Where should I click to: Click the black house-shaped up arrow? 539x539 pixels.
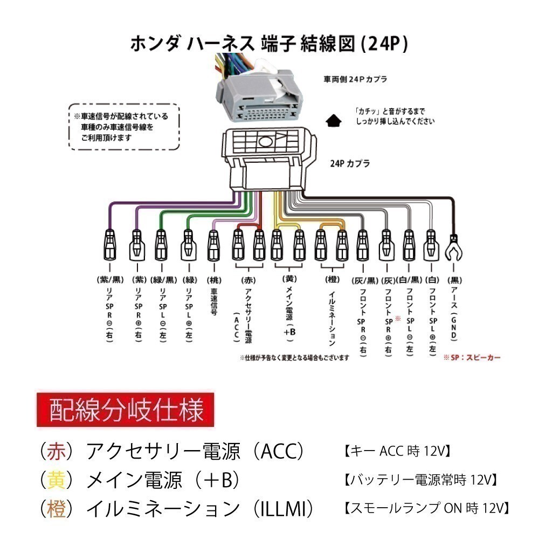pyautogui.click(x=333, y=120)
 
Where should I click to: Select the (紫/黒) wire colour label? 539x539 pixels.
pyautogui.click(x=110, y=280)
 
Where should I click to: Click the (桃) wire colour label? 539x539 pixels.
pyautogui.click(x=214, y=280)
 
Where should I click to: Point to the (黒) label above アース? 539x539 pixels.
pyautogui.click(x=454, y=280)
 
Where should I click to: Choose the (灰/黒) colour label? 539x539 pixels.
pyautogui.click(x=365, y=280)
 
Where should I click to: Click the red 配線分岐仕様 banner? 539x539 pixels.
pyautogui.click(x=126, y=410)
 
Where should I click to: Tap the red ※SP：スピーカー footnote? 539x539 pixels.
pyautogui.click(x=472, y=357)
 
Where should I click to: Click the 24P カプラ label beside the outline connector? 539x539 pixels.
pyautogui.click(x=350, y=163)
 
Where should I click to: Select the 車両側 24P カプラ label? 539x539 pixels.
pyautogui.click(x=355, y=79)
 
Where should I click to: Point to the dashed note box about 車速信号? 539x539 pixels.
pyautogui.click(x=124, y=127)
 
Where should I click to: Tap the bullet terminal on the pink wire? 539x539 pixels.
pyautogui.click(x=213, y=245)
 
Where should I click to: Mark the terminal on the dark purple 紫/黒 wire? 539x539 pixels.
pyautogui.click(x=109, y=245)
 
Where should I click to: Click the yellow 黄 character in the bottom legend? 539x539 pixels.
pyautogui.click(x=57, y=480)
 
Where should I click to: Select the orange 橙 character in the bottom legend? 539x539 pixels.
pyautogui.click(x=57, y=509)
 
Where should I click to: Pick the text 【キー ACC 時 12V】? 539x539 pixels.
pyautogui.click(x=397, y=451)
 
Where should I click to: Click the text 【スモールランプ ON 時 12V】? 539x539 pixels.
pyautogui.click(x=426, y=508)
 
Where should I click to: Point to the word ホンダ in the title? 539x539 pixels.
pyautogui.click(x=155, y=44)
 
